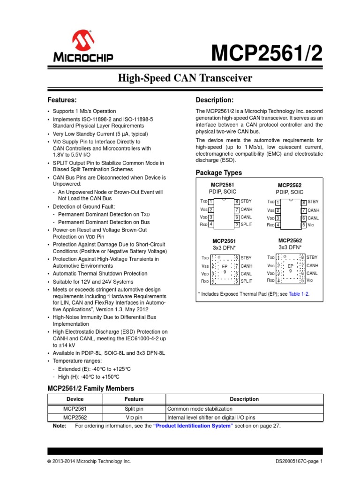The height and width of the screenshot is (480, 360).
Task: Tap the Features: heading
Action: [x=62, y=100]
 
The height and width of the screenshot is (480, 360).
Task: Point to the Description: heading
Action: [x=214, y=100]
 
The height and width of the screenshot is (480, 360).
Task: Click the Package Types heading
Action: [x=219, y=173]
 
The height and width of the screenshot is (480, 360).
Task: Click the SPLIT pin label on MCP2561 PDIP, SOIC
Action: [x=247, y=225]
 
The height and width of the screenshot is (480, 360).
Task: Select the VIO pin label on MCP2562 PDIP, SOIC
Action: [x=311, y=225]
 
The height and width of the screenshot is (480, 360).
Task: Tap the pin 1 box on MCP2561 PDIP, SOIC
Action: [x=211, y=202]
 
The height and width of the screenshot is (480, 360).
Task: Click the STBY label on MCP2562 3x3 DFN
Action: [x=312, y=257]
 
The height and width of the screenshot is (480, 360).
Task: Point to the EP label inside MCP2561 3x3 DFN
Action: [x=225, y=266]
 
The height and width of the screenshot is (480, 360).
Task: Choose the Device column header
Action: [x=75, y=399]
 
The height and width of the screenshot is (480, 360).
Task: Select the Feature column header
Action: [x=134, y=399]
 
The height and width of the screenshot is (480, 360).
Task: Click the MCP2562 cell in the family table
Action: [x=75, y=417]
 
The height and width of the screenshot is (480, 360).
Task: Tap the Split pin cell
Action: [x=134, y=409]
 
